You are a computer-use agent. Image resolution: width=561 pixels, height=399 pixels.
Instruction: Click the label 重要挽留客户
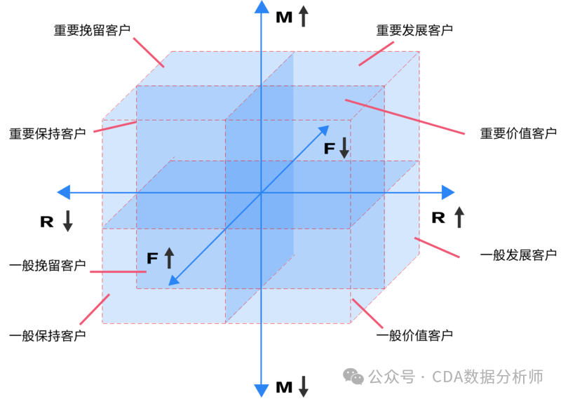coord(92,31)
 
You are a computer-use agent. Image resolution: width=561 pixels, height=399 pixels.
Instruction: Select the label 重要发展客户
coord(414,31)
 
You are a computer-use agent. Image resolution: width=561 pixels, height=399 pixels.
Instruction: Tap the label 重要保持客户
coord(47,133)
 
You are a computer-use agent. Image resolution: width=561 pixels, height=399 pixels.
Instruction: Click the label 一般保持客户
coord(47,335)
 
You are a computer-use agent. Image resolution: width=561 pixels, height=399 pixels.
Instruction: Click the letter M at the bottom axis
coord(284,387)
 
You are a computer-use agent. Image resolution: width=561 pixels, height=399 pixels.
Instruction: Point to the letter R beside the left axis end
coord(47,222)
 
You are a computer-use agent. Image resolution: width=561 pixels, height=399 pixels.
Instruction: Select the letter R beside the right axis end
coord(438,217)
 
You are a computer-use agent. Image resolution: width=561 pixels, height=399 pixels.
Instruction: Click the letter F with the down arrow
coord(330,149)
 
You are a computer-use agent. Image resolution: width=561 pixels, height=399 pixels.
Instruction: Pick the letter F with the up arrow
coord(152,258)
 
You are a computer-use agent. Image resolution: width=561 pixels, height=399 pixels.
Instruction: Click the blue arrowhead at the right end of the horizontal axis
coord(448,191)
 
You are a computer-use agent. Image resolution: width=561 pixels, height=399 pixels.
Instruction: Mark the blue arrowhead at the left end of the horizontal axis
coord(64,191)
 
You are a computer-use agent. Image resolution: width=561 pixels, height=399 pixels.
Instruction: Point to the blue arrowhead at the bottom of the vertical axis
coord(262,390)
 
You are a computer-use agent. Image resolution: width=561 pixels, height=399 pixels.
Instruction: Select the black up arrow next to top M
coord(303,16)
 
